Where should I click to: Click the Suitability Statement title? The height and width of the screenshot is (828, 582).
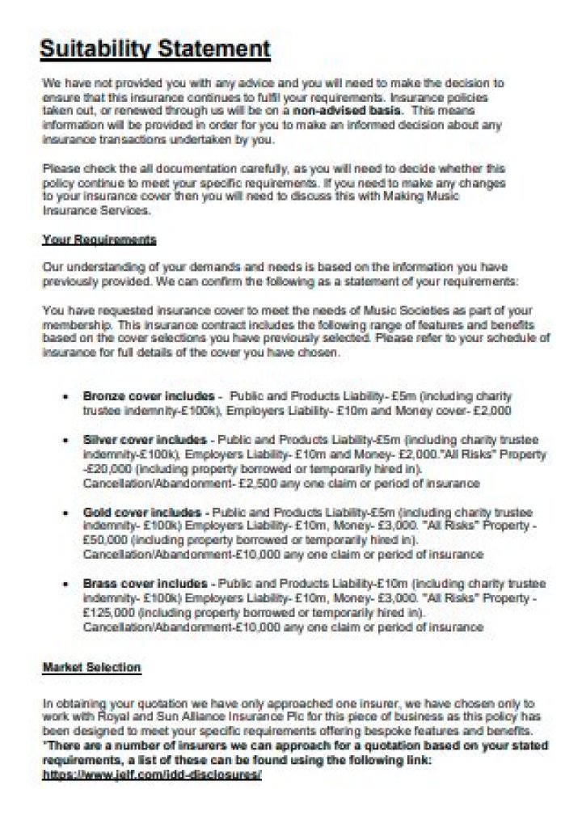(x=155, y=49)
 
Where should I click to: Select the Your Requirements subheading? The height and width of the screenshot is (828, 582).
(x=99, y=240)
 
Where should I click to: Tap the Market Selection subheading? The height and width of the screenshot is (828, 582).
(x=91, y=667)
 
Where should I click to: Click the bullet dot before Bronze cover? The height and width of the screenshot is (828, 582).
(x=65, y=397)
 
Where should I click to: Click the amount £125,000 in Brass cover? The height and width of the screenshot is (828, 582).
(x=108, y=614)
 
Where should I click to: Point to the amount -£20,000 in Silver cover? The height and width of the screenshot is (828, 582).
(x=107, y=469)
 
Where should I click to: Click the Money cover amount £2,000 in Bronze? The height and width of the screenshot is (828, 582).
(x=491, y=411)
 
